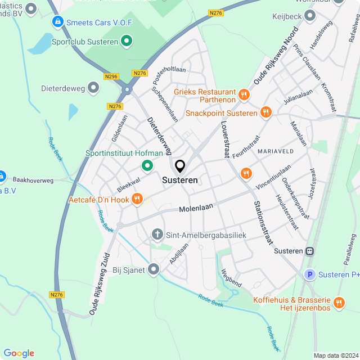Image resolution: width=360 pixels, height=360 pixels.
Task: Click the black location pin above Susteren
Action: (180, 166)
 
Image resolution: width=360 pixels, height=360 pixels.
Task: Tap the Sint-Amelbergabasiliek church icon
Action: (158, 233)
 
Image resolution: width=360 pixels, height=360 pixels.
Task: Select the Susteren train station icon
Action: (309, 251)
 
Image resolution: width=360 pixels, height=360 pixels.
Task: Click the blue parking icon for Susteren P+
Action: (309, 274)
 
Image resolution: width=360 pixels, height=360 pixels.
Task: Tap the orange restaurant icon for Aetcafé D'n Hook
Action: (137, 199)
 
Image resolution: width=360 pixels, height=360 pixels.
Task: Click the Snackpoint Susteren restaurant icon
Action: (266, 112)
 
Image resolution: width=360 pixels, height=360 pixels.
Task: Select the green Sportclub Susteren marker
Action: (127, 41)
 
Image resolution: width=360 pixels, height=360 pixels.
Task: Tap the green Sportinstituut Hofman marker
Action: (147, 165)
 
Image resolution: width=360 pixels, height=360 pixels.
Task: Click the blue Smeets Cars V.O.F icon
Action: (57, 22)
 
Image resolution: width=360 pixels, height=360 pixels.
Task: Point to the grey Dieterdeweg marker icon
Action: (93, 88)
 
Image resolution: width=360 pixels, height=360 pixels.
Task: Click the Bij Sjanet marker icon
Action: (154, 269)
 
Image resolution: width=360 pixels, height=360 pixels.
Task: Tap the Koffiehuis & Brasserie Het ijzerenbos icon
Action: (339, 303)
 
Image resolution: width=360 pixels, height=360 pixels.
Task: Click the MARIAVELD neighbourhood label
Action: (277, 152)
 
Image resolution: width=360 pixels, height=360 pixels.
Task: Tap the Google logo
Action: (19, 353)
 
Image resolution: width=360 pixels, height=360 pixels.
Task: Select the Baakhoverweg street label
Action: (33, 181)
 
